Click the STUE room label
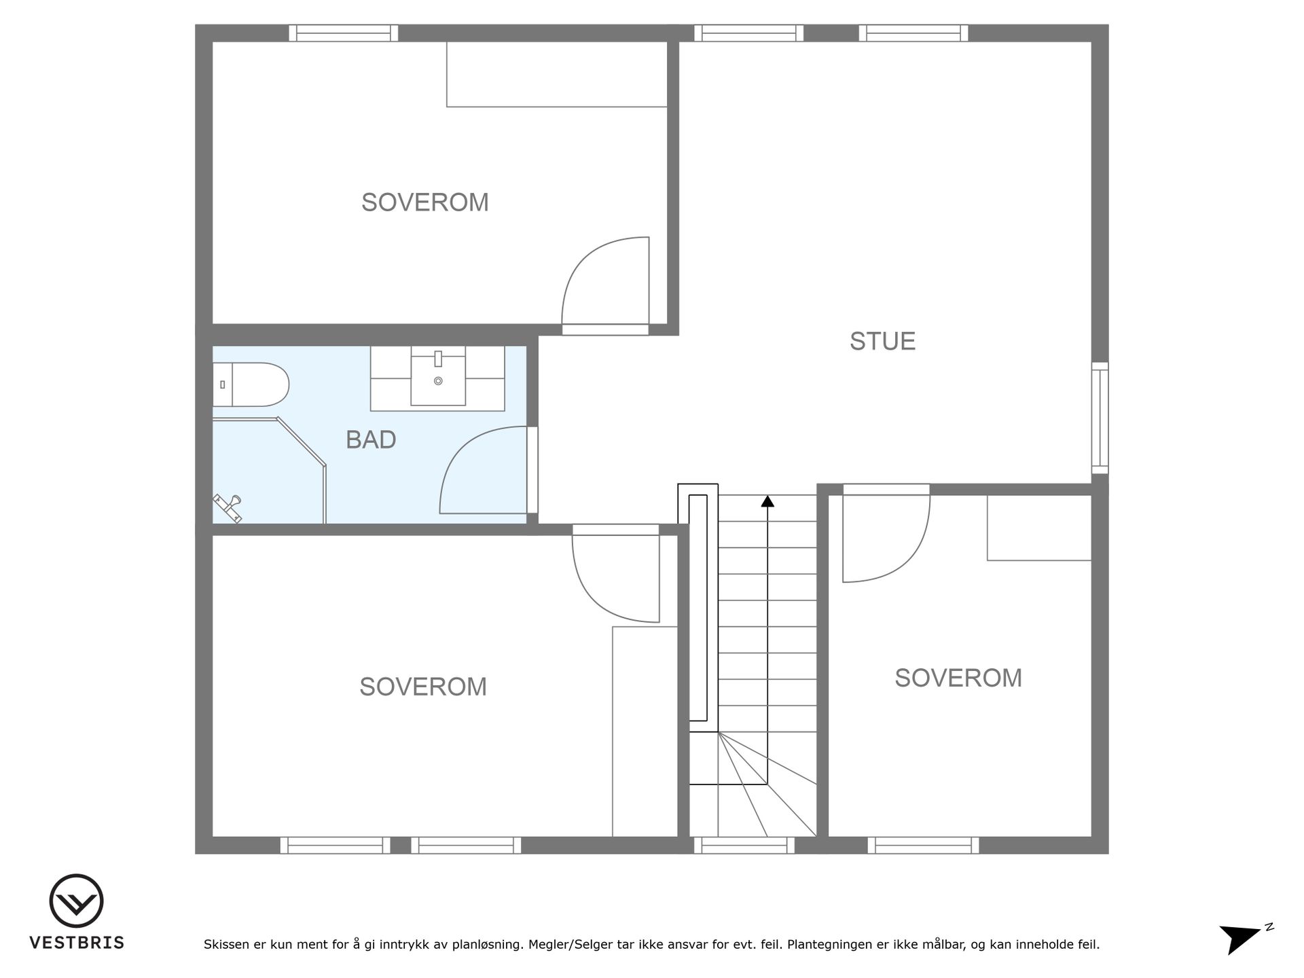[882, 341]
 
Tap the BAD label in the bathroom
[371, 439]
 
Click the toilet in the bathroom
[251, 384]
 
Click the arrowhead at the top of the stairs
[767, 501]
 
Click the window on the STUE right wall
[1100, 418]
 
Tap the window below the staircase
[744, 846]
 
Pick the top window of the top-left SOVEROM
[344, 33]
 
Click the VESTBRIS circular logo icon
[76, 901]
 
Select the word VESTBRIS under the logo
[77, 943]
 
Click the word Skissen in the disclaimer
[227, 944]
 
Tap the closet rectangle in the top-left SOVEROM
[557, 75]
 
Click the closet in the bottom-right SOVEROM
[1039, 528]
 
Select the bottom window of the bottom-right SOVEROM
[924, 846]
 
